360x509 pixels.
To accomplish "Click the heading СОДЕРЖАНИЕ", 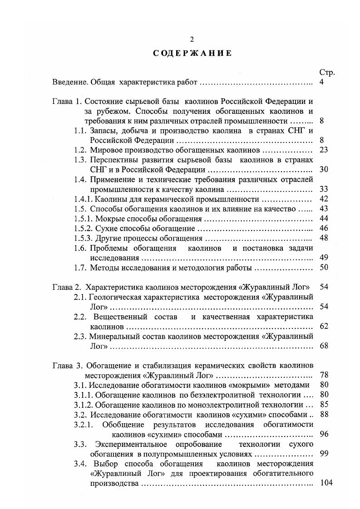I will (x=192, y=53).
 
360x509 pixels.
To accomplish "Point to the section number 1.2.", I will (x=80, y=150).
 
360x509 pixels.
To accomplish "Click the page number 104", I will (x=326, y=483).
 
